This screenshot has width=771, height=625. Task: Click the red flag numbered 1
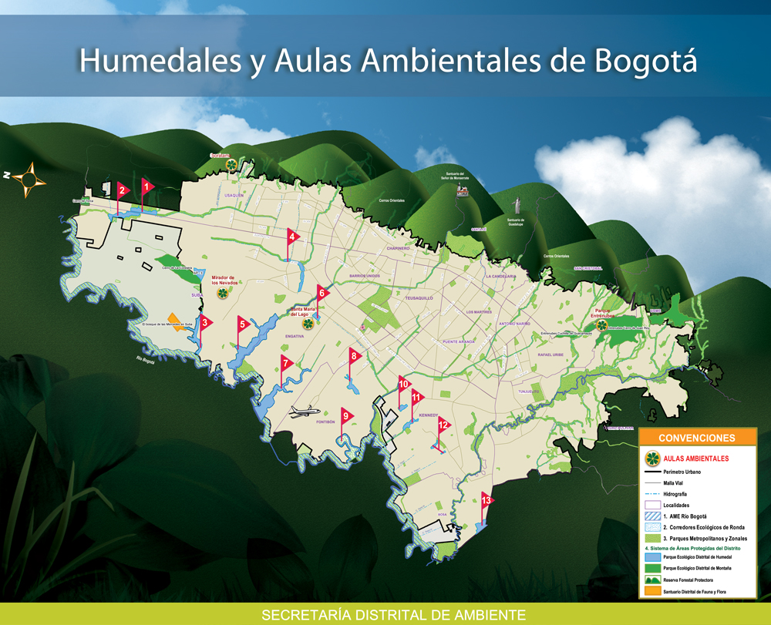click(146, 186)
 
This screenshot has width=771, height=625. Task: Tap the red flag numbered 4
click(292, 237)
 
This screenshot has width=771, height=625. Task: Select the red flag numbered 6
click(322, 292)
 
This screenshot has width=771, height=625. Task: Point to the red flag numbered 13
click(486, 500)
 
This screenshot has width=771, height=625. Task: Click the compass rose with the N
click(29, 179)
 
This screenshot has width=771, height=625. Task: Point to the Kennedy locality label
click(428, 415)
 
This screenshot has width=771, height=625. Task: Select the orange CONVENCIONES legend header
click(697, 438)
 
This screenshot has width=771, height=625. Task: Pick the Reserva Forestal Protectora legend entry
click(682, 580)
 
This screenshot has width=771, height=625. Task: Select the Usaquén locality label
click(234, 196)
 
